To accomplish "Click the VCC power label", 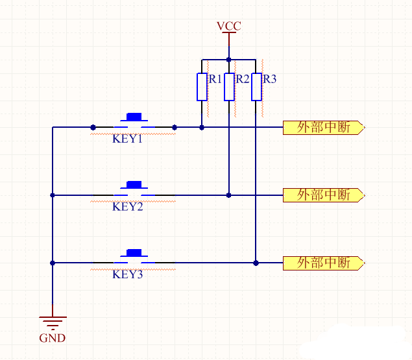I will [x=229, y=26].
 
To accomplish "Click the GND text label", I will [x=53, y=338].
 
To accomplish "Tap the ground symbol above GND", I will [x=53, y=322].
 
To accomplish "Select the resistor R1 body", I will [x=202, y=87].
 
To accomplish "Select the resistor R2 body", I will [x=229, y=87].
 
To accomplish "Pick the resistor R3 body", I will [x=256, y=87].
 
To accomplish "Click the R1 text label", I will [x=215, y=79].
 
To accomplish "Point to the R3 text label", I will [x=269, y=79].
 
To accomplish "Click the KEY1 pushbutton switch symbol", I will [x=134, y=122].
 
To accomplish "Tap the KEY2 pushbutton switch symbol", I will [x=134, y=189].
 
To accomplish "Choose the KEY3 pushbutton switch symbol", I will [x=134, y=257].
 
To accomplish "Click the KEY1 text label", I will [x=127, y=139].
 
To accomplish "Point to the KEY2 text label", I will [x=127, y=207].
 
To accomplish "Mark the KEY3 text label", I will [x=127, y=274].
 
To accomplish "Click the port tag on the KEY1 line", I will [x=324, y=128].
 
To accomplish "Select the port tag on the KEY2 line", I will [x=324, y=195].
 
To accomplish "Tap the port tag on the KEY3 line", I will [x=324, y=263].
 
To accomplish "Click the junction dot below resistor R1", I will [x=202, y=128].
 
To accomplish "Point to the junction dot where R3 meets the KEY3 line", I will [x=256, y=263].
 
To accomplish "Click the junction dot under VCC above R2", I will [x=229, y=59].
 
